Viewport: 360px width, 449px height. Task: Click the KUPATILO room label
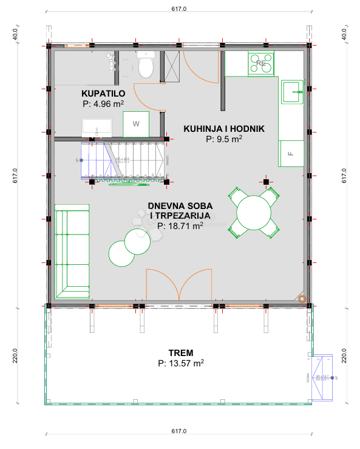[x=103, y=93]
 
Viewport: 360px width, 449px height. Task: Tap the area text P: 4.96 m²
[x=103, y=103]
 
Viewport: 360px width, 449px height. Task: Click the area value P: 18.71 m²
[x=180, y=225]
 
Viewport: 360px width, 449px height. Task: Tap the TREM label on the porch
[x=180, y=353]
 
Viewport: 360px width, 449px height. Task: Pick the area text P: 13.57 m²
[x=180, y=363]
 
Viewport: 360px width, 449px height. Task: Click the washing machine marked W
[x=136, y=125]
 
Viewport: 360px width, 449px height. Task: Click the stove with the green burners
[x=262, y=63]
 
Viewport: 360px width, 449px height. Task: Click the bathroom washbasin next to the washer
[x=97, y=127]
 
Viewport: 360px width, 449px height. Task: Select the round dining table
[x=254, y=212]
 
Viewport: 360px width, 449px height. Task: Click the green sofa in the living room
[x=72, y=249]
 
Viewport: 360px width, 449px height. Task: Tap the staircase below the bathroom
[x=124, y=160]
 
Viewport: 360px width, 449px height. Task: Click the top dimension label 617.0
[x=180, y=10]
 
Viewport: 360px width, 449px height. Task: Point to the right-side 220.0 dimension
[x=344, y=354]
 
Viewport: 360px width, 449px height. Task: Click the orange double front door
[x=179, y=285]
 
